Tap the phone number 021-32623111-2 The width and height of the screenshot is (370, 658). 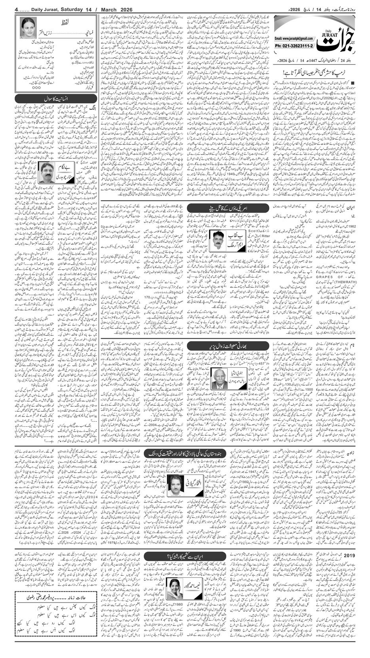[x=294, y=46]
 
